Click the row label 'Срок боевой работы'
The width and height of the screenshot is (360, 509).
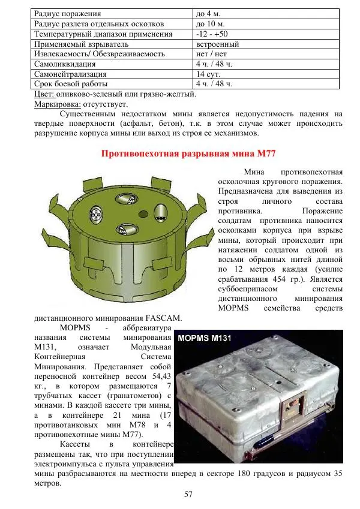[x=71, y=83]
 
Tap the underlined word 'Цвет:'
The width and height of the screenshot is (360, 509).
[x=44, y=94]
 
